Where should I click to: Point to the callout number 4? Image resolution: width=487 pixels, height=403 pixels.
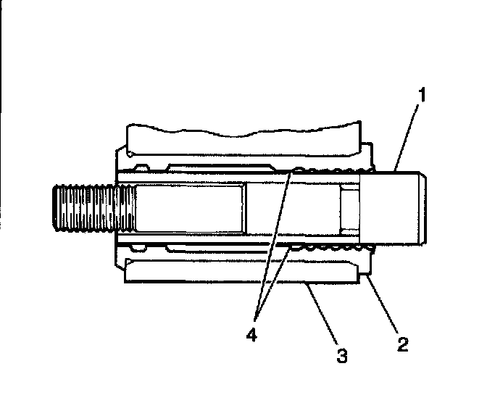(x=254, y=336)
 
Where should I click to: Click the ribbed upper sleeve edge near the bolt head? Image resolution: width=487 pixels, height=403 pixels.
(x=330, y=171)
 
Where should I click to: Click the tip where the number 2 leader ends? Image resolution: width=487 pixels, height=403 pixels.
(x=368, y=275)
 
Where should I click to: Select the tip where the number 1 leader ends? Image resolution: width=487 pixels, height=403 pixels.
(x=396, y=170)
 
